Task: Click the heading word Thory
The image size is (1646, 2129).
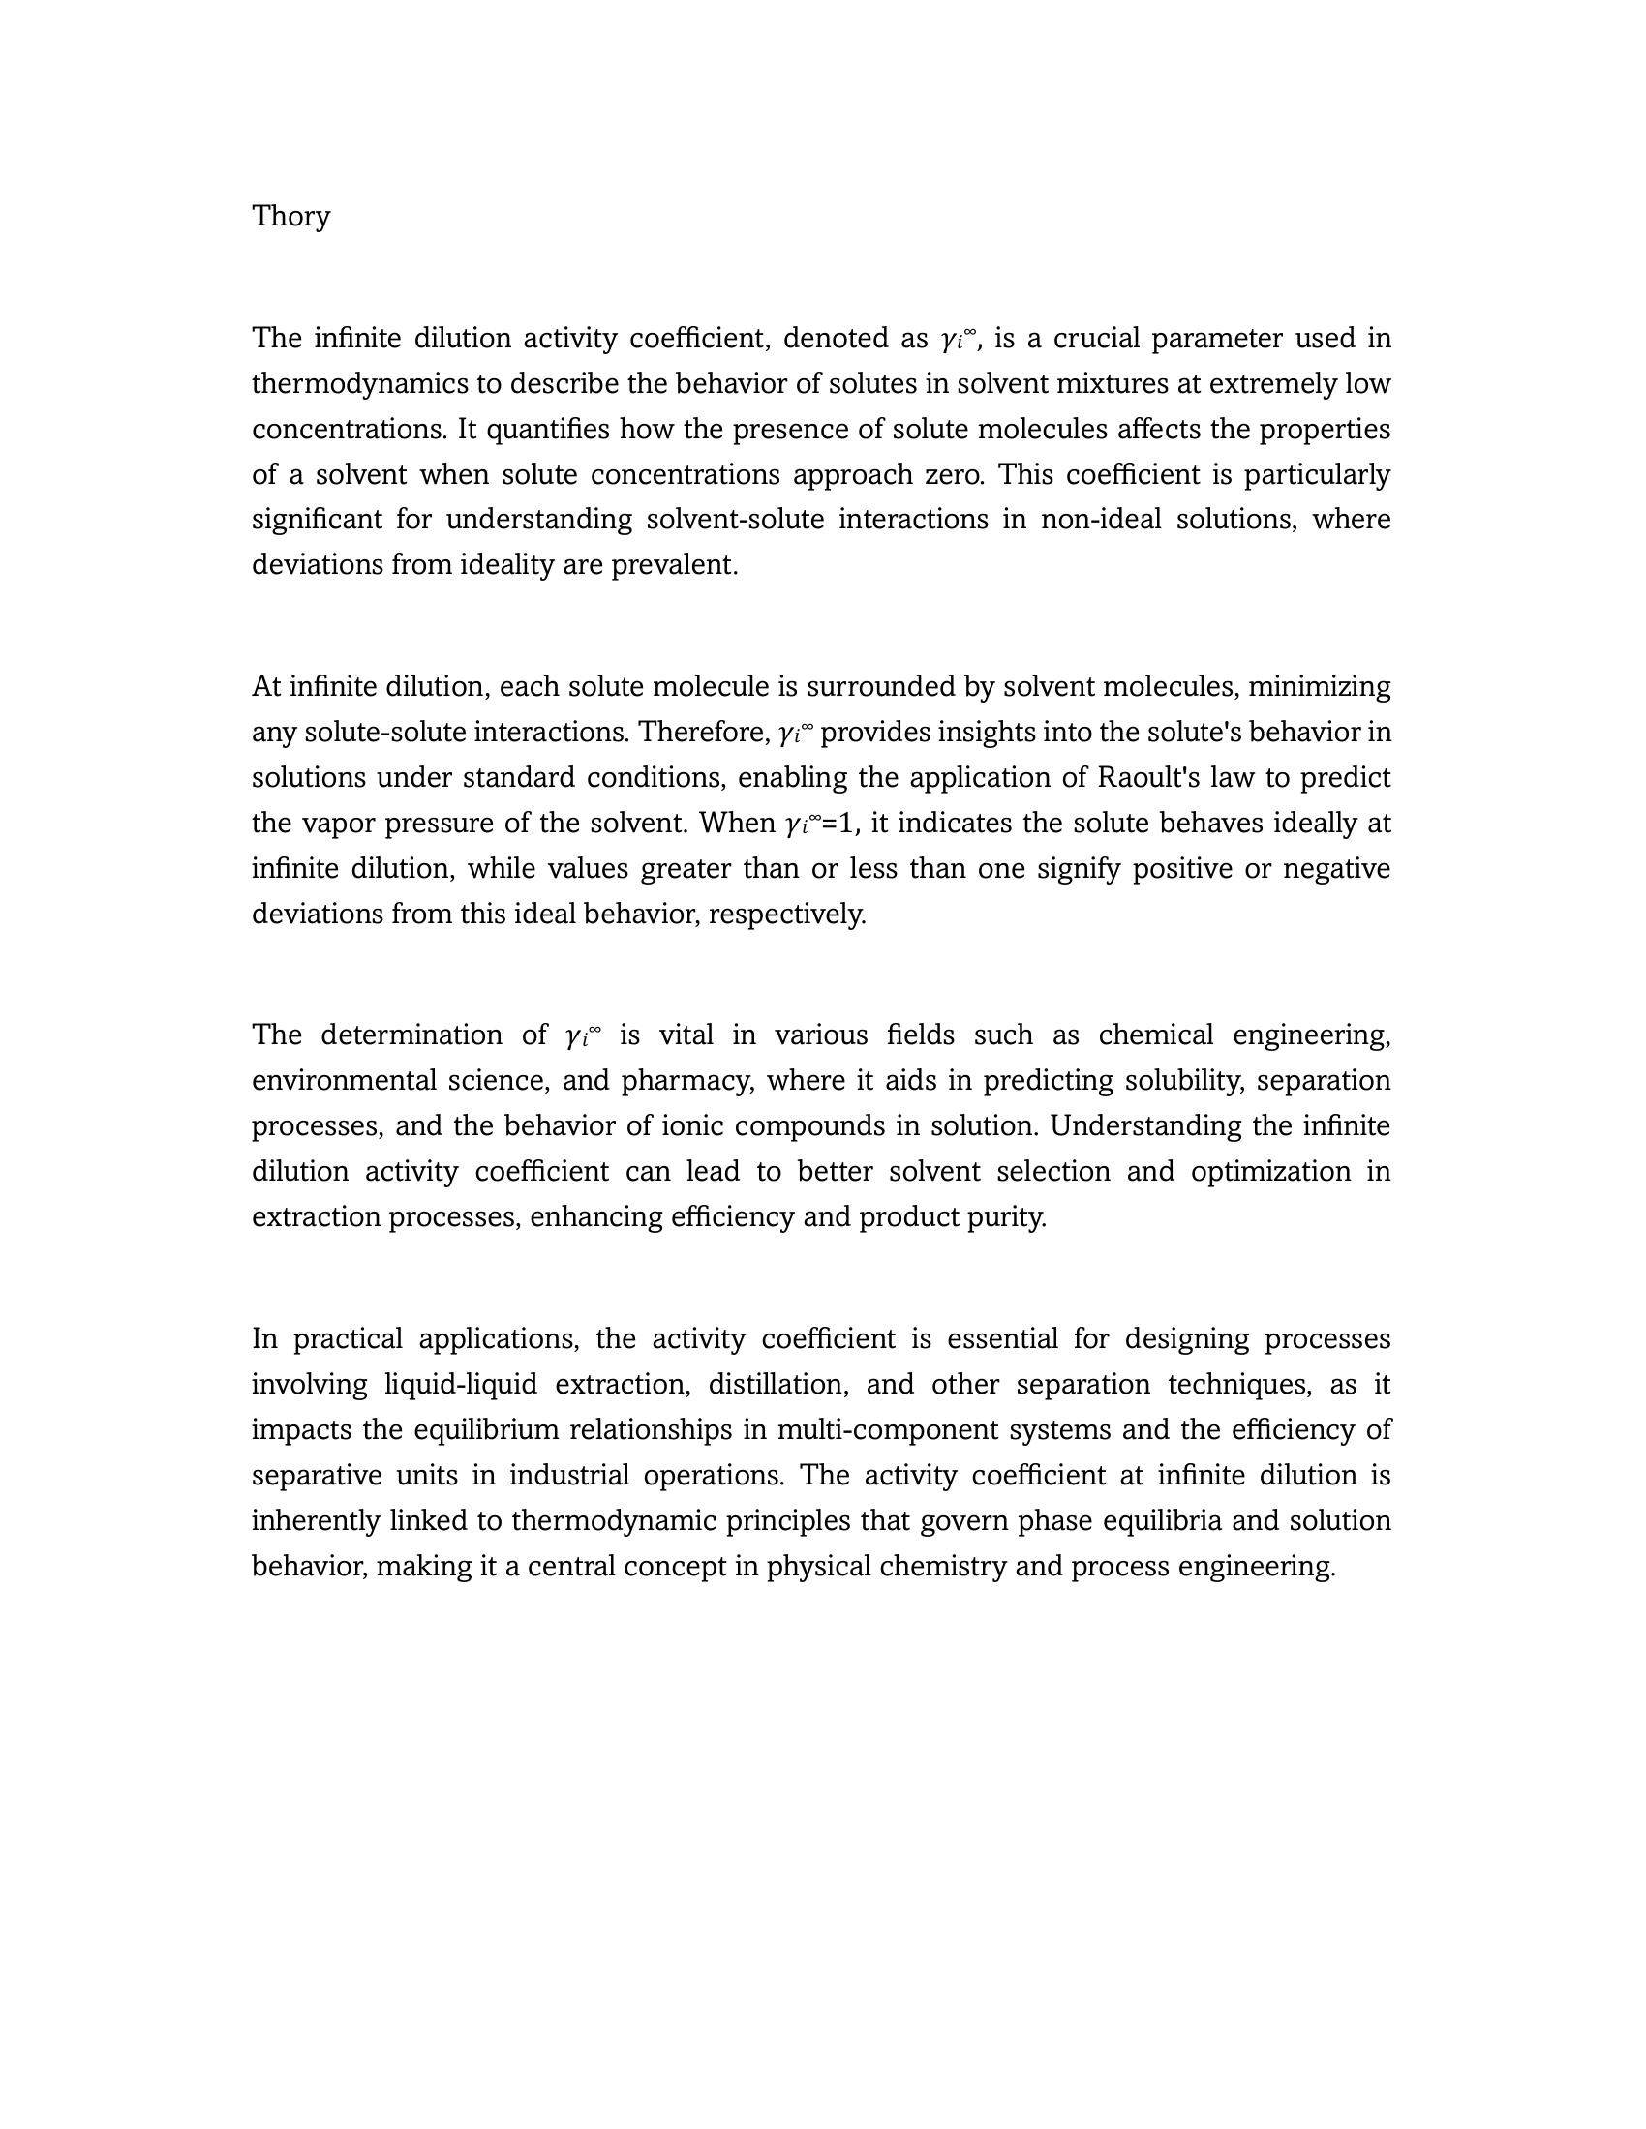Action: (x=290, y=216)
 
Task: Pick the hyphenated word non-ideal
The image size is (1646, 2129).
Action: (x=1101, y=520)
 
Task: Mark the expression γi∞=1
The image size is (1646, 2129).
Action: (x=821, y=824)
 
